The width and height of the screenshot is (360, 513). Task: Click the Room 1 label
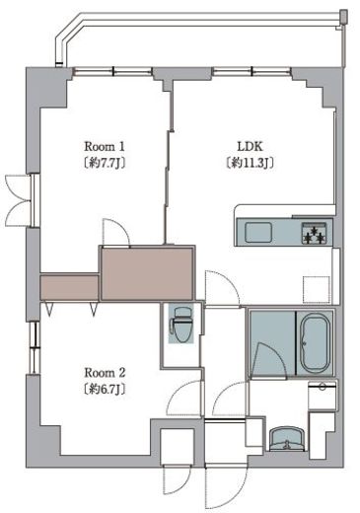[x=105, y=146]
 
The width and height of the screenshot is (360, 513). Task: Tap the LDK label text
[x=251, y=146]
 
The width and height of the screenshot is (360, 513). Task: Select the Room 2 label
[x=105, y=373]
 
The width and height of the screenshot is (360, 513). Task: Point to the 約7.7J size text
[x=105, y=163]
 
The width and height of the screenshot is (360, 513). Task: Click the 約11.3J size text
[x=251, y=163]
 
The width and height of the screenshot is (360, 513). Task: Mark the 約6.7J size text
[x=105, y=390]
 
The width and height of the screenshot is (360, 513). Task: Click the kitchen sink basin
[x=258, y=232]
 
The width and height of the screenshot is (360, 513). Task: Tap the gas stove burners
[x=315, y=233]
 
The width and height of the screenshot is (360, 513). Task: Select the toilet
[x=181, y=325]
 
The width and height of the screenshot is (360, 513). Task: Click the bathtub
[x=315, y=343]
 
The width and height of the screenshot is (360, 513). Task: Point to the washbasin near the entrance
[x=287, y=440]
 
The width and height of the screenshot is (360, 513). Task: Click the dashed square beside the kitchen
[x=316, y=289]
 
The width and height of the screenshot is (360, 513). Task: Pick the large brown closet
[x=147, y=273]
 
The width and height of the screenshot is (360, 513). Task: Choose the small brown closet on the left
[x=69, y=287]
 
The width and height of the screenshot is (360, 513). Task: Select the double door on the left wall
[x=21, y=201]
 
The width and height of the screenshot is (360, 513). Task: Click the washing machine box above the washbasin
[x=323, y=396]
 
